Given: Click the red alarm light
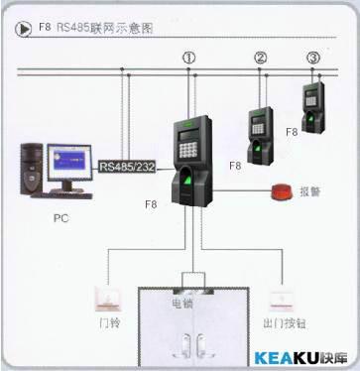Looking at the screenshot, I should tap(278, 192).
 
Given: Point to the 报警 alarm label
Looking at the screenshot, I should tap(311, 193).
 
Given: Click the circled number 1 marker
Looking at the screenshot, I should tap(188, 59).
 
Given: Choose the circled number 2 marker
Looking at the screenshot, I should tap(261, 58).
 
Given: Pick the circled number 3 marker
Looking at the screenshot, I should tap(313, 58).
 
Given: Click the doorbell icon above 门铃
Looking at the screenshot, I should tap(105, 297).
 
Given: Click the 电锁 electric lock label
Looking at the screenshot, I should tap(183, 303).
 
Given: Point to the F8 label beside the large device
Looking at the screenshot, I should tap(151, 203).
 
